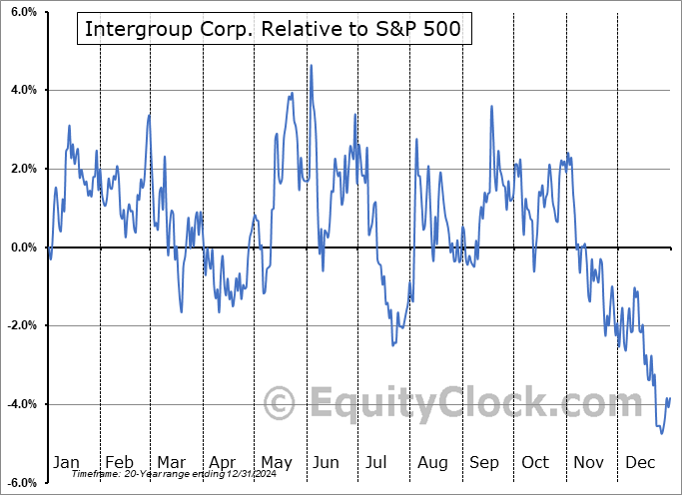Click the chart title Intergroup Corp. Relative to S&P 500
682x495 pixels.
click(x=273, y=29)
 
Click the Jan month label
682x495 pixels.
click(x=66, y=462)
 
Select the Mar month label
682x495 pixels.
click(x=172, y=462)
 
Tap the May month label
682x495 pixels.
click(x=276, y=462)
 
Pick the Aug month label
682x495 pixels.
click(x=433, y=462)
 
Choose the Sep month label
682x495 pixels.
click(x=485, y=462)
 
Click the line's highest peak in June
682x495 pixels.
click(x=312, y=66)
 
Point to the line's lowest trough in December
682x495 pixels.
click(x=661, y=432)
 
